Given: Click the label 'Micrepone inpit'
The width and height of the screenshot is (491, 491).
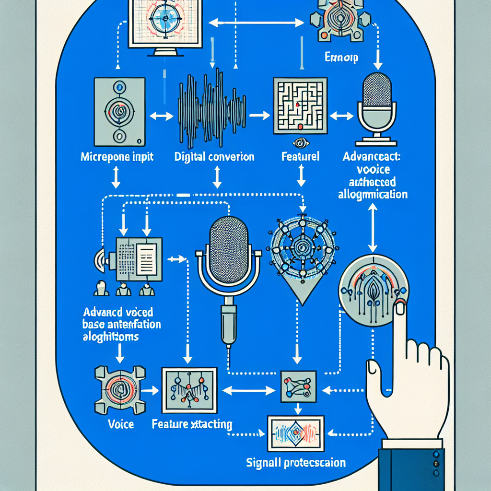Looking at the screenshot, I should (117, 157).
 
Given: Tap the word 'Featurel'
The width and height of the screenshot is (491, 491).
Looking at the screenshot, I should (300, 157).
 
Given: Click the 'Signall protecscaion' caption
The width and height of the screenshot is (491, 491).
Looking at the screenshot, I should (296, 463).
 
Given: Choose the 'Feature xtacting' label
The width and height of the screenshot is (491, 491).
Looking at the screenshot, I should (192, 424).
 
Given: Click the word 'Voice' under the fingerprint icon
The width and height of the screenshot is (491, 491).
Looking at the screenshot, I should (121, 424).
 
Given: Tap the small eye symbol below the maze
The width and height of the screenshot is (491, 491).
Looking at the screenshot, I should (301, 142).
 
